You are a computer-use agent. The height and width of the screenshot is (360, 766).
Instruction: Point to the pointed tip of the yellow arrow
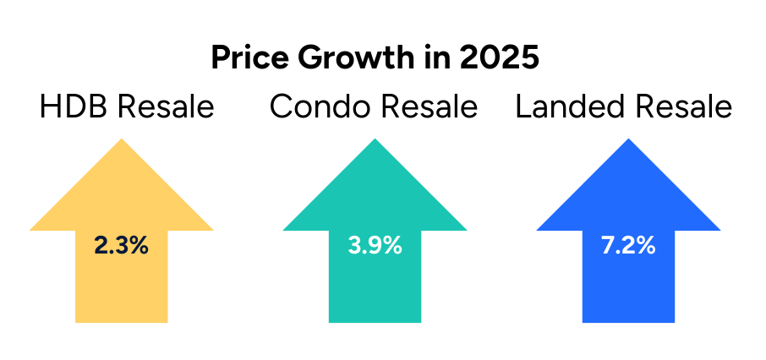[x=122, y=139]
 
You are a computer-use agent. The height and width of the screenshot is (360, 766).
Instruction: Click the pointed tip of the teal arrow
[x=375, y=139]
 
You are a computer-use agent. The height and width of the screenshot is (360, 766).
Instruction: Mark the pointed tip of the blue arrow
[x=628, y=139]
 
